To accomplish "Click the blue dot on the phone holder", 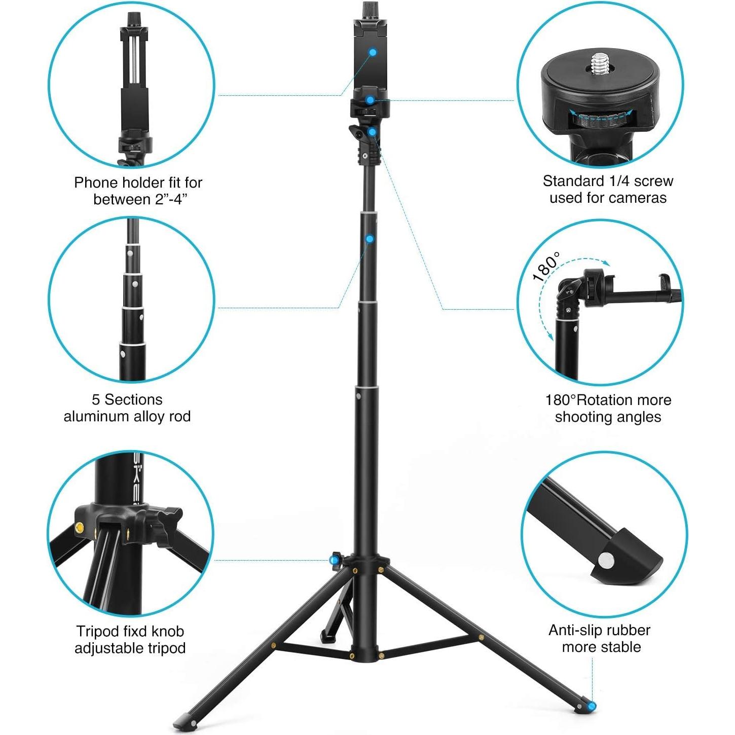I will click(x=373, y=52).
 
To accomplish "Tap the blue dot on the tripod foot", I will click(x=592, y=706).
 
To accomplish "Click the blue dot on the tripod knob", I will click(x=334, y=560).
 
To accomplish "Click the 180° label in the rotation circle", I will click(x=546, y=266).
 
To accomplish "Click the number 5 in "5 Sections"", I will click(x=96, y=399).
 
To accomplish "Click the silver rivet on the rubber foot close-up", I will click(x=605, y=560).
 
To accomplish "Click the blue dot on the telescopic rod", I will click(x=370, y=239).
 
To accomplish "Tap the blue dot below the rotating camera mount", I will click(x=372, y=132).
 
